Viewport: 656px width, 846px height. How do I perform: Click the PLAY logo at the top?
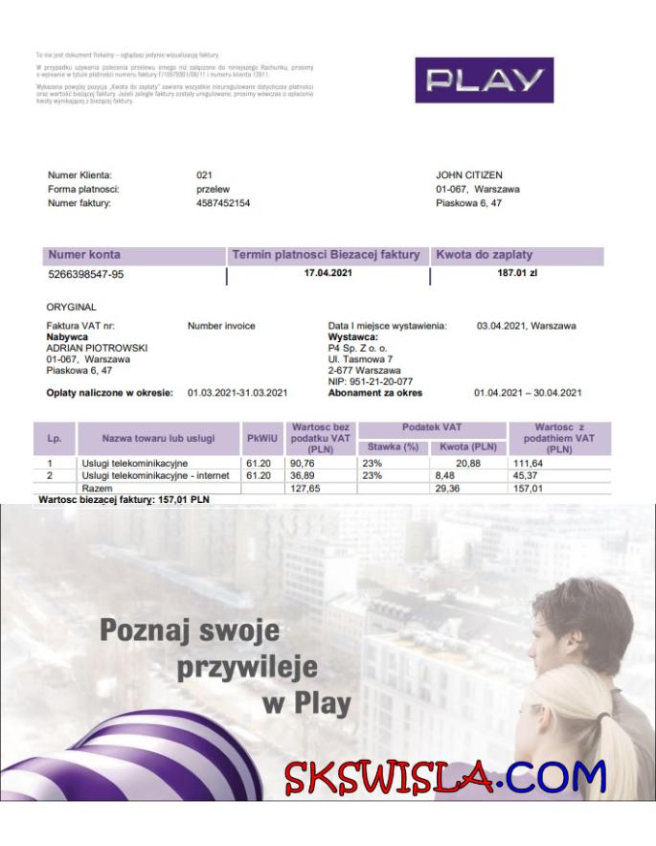(x=484, y=80)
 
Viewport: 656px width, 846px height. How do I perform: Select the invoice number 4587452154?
(x=223, y=203)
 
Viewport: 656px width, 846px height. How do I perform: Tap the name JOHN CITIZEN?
(x=470, y=175)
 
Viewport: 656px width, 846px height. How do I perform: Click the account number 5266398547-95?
(x=85, y=275)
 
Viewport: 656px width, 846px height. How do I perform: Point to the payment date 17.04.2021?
(x=328, y=274)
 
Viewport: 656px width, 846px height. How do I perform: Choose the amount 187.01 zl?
(x=517, y=274)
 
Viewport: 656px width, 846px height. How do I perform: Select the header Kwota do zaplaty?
(x=485, y=255)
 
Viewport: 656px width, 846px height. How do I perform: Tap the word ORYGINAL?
(x=71, y=308)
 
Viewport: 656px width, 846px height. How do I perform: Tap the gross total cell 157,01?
(x=553, y=487)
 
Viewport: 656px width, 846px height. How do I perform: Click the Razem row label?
(x=97, y=488)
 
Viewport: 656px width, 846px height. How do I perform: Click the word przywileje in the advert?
(x=246, y=667)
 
